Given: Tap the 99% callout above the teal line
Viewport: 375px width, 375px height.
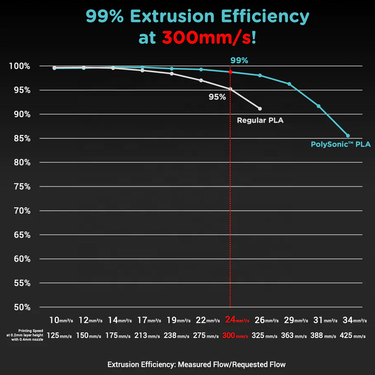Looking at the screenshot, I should (239, 60).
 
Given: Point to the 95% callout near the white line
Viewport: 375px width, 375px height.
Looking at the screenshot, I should (217, 97).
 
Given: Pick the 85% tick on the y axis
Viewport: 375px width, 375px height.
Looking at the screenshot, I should (22, 139).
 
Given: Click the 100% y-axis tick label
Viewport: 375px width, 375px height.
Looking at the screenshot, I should (21, 66).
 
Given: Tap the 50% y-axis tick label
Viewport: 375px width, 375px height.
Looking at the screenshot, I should (22, 307).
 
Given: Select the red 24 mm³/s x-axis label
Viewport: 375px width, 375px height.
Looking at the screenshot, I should (237, 320).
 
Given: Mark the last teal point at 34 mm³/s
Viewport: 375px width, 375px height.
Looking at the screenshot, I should (348, 135).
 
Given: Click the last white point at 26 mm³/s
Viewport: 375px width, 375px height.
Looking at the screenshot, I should (260, 108).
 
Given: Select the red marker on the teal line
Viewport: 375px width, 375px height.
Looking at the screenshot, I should (231, 72).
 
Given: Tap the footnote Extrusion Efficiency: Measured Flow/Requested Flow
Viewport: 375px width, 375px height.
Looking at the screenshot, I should (196, 364).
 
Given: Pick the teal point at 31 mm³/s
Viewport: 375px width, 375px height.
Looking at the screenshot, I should (319, 106).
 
